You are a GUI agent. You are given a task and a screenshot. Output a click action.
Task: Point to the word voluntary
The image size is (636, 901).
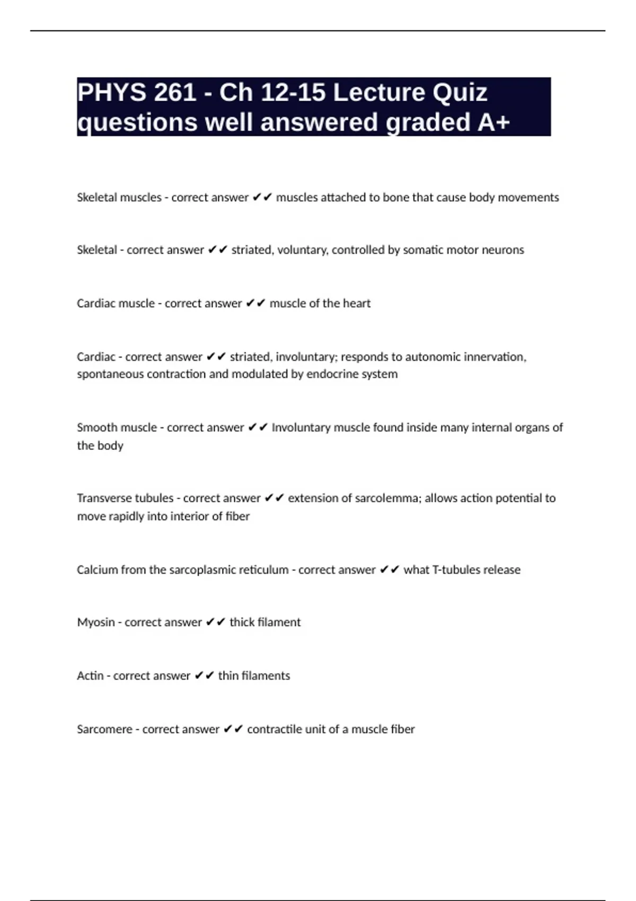302,250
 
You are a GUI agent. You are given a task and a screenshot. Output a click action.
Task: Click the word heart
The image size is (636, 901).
357,303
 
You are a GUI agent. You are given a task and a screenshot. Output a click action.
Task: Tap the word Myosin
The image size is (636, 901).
96,622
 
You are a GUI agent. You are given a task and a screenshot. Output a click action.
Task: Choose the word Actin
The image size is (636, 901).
90,676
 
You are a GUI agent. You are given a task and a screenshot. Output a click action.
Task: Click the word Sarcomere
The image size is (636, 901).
104,729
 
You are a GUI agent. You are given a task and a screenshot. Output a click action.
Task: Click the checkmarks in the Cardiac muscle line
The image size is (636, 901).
255,303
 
